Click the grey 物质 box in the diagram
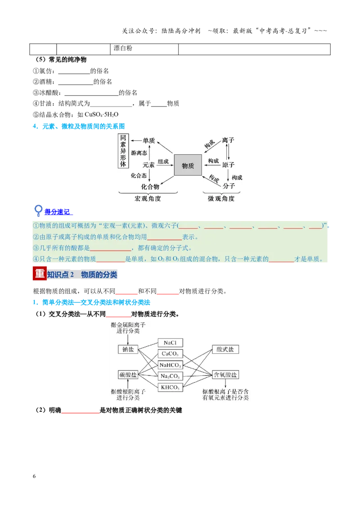click(x=188, y=165)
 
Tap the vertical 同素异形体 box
click(x=123, y=151)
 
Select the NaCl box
click(x=170, y=343)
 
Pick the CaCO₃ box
click(x=170, y=354)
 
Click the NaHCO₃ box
click(x=170, y=365)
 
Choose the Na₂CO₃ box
click(x=170, y=376)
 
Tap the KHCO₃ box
click(x=170, y=387)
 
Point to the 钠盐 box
click(x=128, y=350)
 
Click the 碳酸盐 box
click(x=128, y=375)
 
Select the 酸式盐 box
click(x=225, y=349)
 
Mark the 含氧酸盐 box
click(x=225, y=375)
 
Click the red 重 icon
click(x=40, y=273)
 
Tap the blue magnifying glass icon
click(x=38, y=210)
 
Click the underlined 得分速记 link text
click(x=57, y=212)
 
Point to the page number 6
click(x=34, y=476)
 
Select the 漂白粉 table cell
click(x=144, y=49)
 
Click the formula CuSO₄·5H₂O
click(x=101, y=115)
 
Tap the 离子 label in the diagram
click(x=228, y=140)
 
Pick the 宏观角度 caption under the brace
click(x=148, y=199)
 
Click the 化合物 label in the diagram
click(x=150, y=187)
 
